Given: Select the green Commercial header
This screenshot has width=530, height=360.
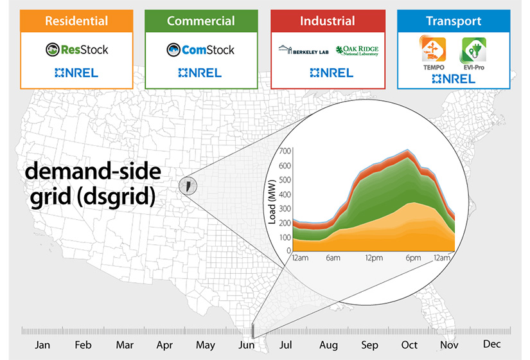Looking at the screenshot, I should click(201, 21).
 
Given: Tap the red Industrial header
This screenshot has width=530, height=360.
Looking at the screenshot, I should click(328, 21).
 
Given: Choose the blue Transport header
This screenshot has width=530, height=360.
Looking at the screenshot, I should click(454, 21).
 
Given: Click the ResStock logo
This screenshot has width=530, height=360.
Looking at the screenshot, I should click(76, 50).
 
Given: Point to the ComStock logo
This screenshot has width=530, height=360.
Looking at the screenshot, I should click(200, 50).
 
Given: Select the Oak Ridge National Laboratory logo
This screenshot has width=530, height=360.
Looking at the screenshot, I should click(357, 50).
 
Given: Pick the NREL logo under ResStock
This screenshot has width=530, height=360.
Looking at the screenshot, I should click(76, 73).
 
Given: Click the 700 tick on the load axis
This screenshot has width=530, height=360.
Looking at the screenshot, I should click(285, 151).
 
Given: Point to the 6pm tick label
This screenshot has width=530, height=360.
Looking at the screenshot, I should click(413, 258).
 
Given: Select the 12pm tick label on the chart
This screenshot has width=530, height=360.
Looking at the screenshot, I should click(372, 258).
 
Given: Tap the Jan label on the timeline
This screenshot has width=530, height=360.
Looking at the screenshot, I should click(42, 345).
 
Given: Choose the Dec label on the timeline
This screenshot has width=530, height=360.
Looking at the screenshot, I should click(491, 345).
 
